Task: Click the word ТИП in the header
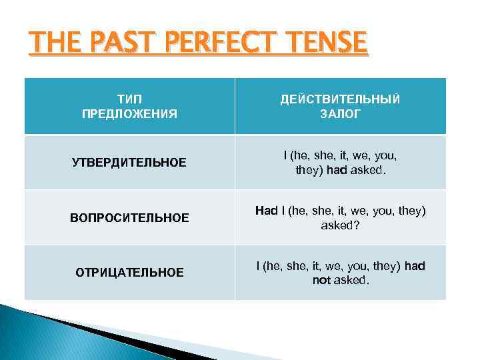[129, 99]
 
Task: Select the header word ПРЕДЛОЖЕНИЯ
[129, 114]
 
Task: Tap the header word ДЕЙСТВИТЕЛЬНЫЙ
[340, 99]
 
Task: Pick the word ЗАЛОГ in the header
[340, 114]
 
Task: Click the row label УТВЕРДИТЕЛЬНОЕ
[129, 163]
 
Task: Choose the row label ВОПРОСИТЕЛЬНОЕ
[129, 217]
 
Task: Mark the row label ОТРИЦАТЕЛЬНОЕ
[129, 272]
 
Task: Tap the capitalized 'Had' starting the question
[266, 211]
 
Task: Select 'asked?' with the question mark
[340, 225]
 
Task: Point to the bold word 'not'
[323, 280]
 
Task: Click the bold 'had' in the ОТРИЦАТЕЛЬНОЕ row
[415, 266]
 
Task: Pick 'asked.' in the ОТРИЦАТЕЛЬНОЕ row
[351, 280]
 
